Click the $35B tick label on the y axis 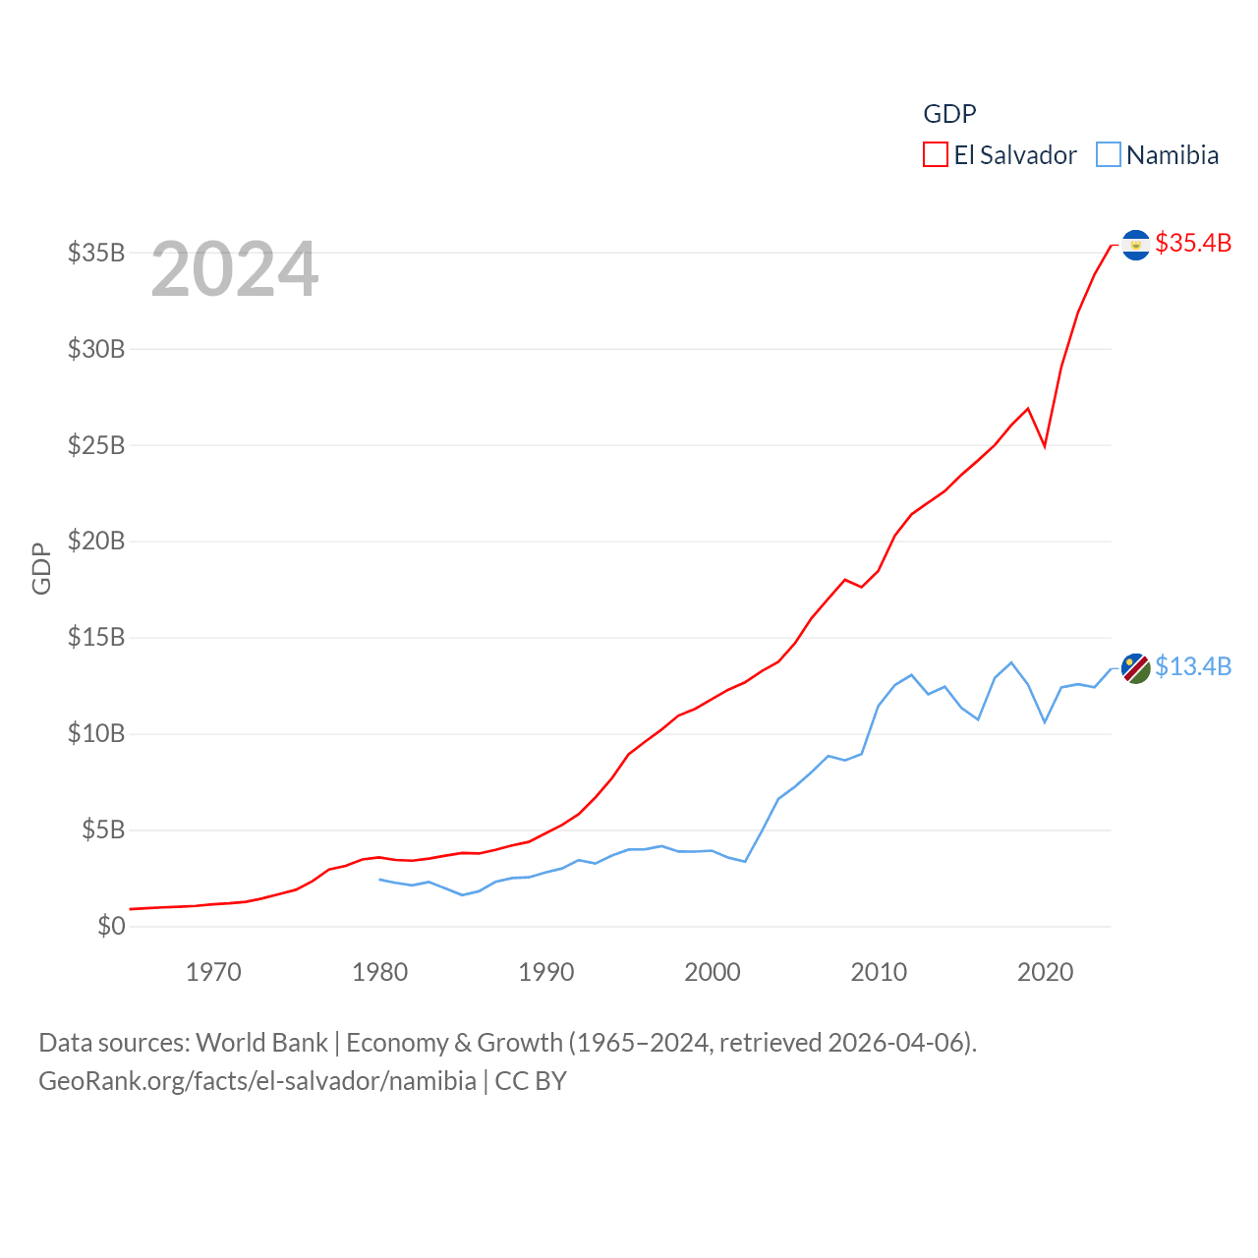[x=96, y=253]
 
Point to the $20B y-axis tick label [x=96, y=541]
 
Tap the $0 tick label [x=111, y=926]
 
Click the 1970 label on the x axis [x=213, y=972]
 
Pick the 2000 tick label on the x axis [x=713, y=972]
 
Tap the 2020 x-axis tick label [x=1045, y=972]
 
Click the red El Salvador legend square [x=936, y=155]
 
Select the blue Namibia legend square [x=1109, y=155]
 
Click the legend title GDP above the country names [x=949, y=114]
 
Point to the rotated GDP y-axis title [x=41, y=568]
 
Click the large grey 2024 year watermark [x=235, y=269]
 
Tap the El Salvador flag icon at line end [x=1135, y=245]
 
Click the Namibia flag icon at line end [x=1135, y=668]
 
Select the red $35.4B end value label [x=1193, y=243]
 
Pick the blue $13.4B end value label [x=1193, y=666]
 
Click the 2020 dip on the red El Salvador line [x=1045, y=446]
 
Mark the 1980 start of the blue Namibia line [x=380, y=879]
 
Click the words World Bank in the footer [x=261, y=1042]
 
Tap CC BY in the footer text [x=531, y=1081]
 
